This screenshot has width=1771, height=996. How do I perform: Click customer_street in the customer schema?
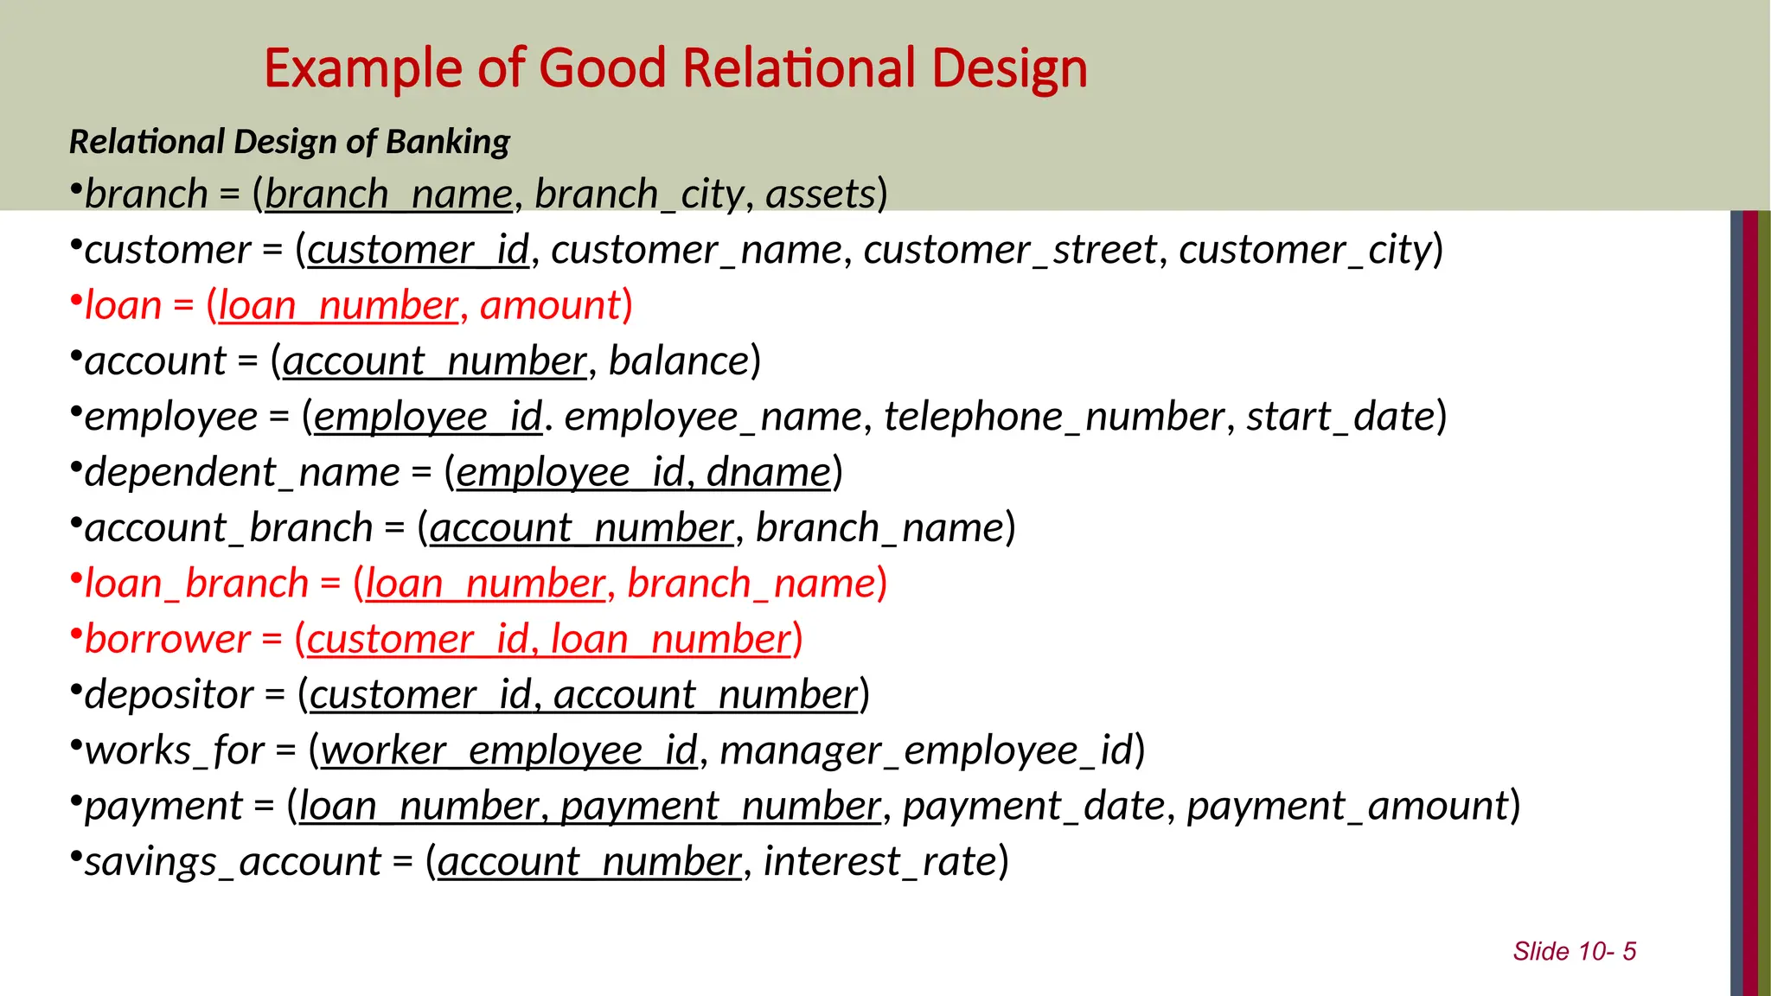pos(1009,250)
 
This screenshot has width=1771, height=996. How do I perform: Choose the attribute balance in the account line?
pos(679,361)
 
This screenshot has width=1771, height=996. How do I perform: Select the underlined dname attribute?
pos(768,472)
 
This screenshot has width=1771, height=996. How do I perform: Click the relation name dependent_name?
pos(242,472)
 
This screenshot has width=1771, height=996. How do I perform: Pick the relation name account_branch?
pos(228,527)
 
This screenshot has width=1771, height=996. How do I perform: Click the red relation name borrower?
pos(168,639)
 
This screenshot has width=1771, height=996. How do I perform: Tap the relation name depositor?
pos(169,694)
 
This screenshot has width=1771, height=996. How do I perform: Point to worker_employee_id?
pos(508,750)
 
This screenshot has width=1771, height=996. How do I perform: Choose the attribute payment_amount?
pos(1347,806)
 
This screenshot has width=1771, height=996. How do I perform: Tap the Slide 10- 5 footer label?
pos(1574,951)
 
